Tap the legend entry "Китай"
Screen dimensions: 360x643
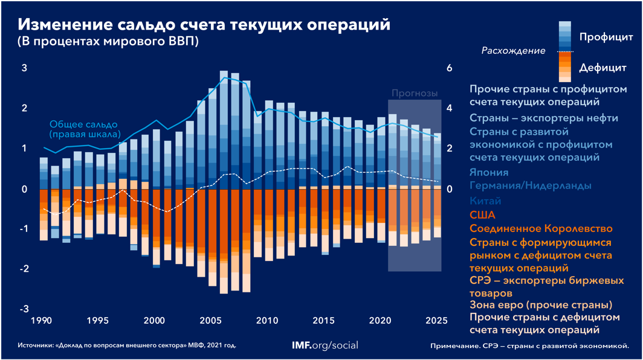coord(485,201)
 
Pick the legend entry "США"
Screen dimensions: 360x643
coord(482,214)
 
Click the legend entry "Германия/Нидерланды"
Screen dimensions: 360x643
coord(530,186)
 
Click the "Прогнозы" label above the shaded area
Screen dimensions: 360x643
coord(414,93)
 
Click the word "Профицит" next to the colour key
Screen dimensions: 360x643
coord(605,37)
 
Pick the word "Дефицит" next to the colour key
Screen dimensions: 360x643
coord(603,67)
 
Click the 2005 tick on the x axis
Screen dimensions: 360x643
coord(210,320)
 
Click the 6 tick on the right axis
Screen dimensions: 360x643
coord(449,68)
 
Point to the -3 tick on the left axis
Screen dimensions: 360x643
coord(25,309)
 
